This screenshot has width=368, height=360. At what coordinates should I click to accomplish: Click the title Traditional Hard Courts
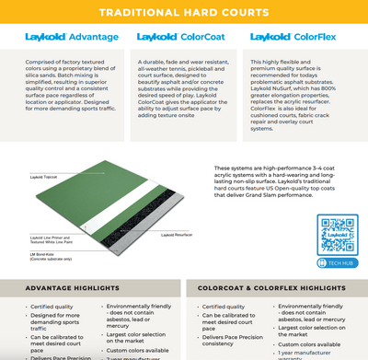pyautogui.click(x=183, y=14)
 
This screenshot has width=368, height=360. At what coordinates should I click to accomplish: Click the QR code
pyautogui.click(x=336, y=230)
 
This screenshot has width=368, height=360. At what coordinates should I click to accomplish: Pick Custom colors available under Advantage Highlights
pyautogui.click(x=136, y=350)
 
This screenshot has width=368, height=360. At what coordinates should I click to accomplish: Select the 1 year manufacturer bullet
pyautogui.click(x=313, y=353)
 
